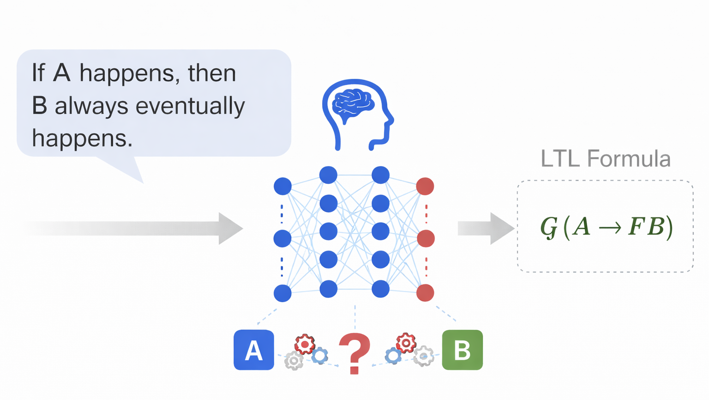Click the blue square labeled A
tap(253, 350)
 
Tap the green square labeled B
tap(462, 350)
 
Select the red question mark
tap(354, 352)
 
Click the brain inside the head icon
tap(353, 102)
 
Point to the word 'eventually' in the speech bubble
tap(190, 106)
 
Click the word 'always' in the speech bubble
tap(91, 106)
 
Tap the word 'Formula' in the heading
tap(629, 158)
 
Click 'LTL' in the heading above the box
tap(560, 158)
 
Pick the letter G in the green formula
tap(549, 227)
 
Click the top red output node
tap(425, 186)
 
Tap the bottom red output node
tap(425, 293)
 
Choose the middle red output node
tap(425, 238)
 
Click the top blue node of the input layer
tap(282, 186)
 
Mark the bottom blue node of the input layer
tap(282, 293)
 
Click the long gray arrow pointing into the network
tap(138, 228)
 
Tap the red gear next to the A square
tap(305, 344)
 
